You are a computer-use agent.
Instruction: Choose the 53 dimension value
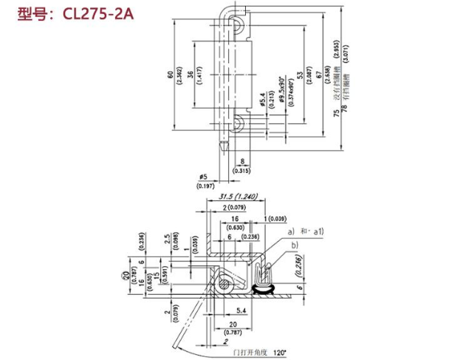(x=300, y=74)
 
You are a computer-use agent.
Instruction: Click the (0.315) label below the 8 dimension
(x=241, y=170)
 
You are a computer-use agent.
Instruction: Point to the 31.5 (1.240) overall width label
(x=239, y=197)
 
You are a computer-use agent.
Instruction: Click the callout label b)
(x=294, y=244)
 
